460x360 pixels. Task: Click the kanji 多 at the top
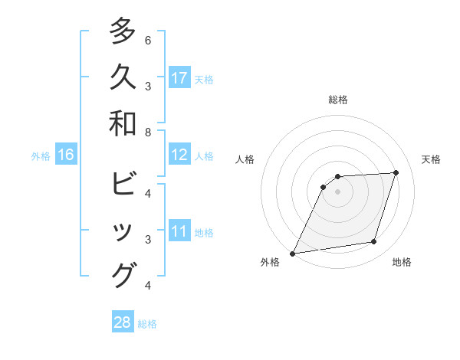click(123, 32)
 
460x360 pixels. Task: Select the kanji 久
click(123, 77)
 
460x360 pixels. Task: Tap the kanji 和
click(123, 123)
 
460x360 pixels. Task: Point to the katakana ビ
click(123, 185)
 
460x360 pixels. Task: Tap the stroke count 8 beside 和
click(147, 133)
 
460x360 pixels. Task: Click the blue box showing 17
click(179, 78)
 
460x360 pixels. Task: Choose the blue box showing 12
click(179, 155)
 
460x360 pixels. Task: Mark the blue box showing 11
click(179, 232)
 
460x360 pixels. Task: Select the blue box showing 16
click(66, 155)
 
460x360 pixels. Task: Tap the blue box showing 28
click(123, 323)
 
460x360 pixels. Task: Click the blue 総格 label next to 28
click(147, 324)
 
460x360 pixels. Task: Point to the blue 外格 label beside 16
click(41, 156)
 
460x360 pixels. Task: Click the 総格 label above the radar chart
click(338, 100)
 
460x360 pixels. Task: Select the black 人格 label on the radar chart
click(245, 159)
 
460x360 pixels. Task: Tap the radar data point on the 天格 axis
click(396, 172)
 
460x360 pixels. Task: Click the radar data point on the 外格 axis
click(293, 253)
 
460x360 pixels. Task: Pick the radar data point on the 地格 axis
click(374, 242)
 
